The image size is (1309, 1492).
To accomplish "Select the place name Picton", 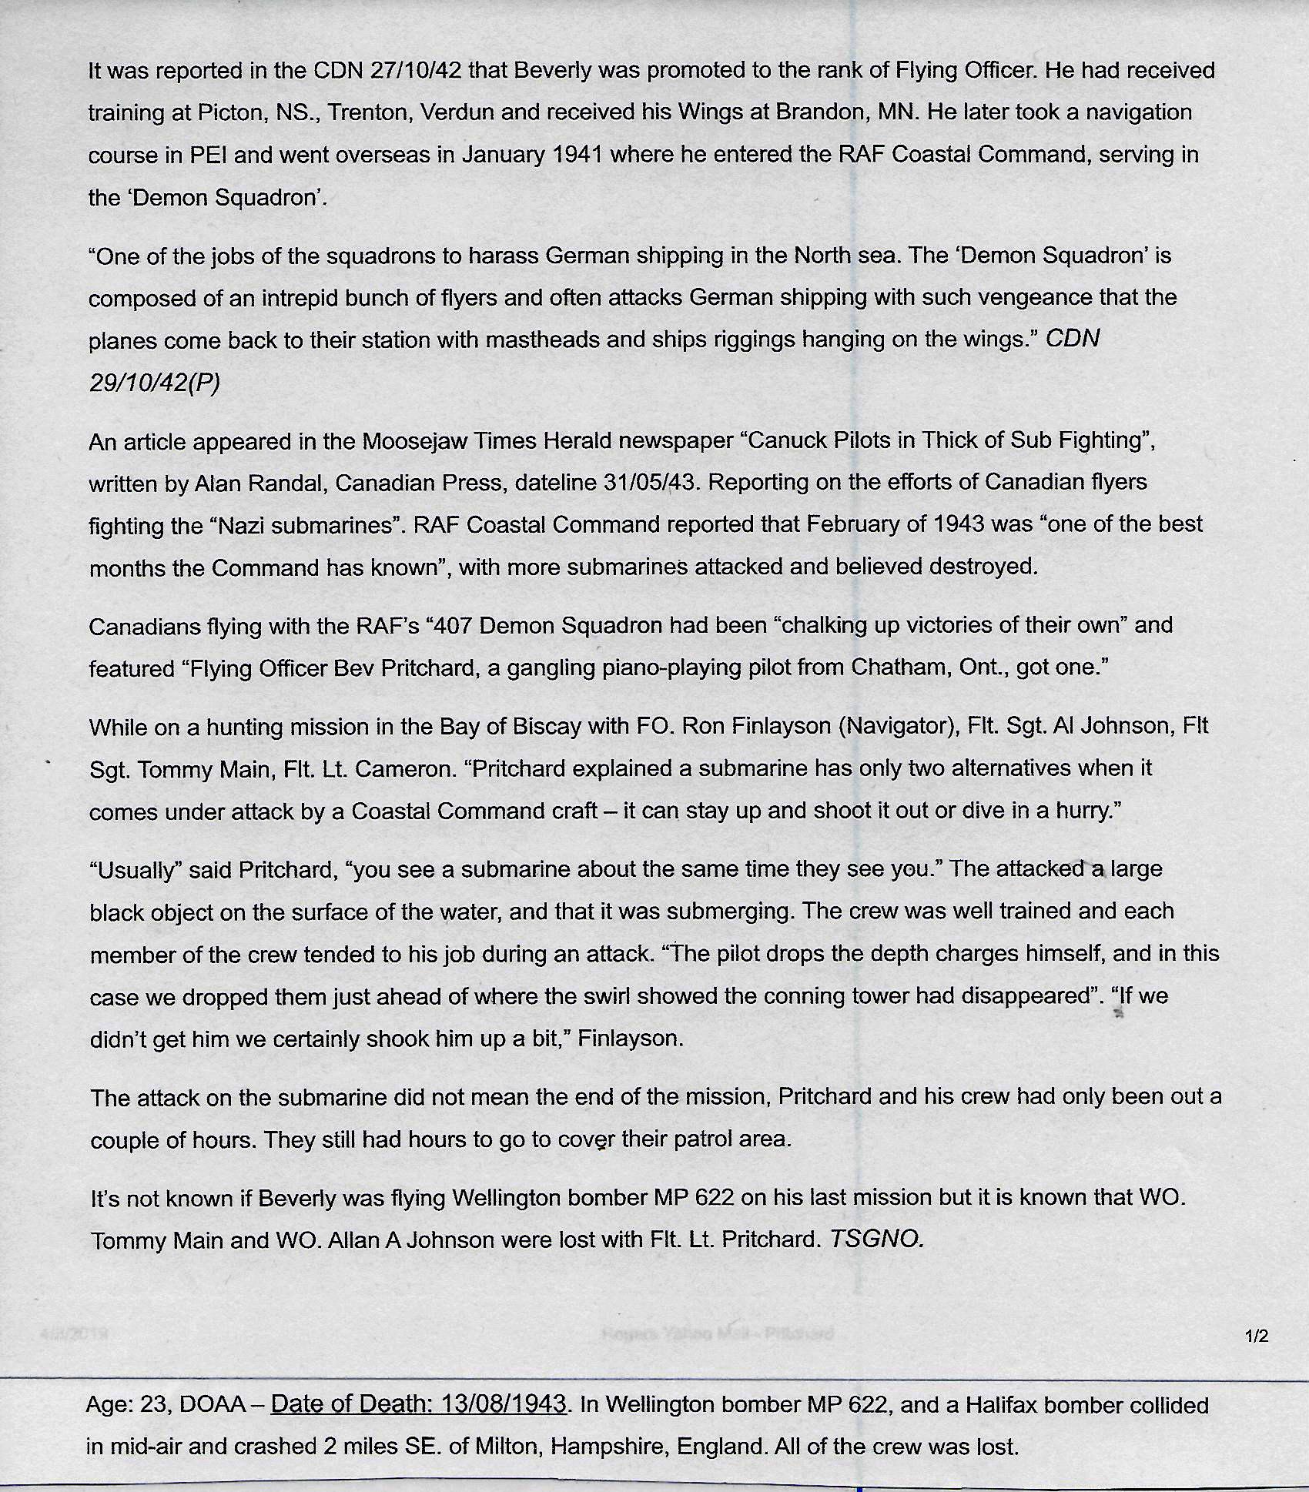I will point(230,113).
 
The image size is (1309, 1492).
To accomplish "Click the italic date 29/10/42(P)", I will point(154,383).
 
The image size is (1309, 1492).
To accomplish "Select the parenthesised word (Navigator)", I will point(897,727).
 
